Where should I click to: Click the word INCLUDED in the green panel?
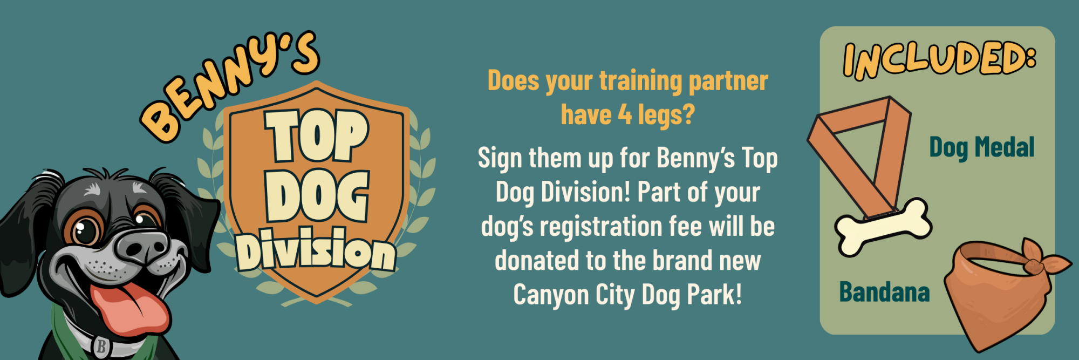point(939,60)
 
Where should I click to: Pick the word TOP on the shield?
point(317,135)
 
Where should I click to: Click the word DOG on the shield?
point(317,195)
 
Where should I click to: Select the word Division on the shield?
point(316,249)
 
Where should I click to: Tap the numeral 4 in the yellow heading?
point(625,114)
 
